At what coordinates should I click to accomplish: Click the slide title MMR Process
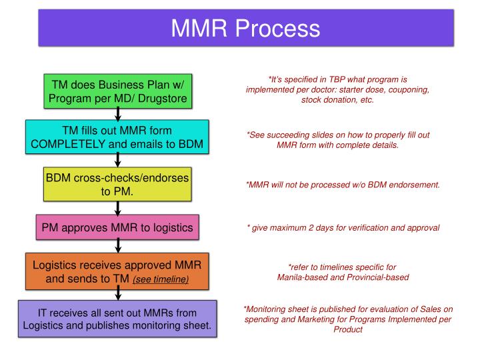click(245, 28)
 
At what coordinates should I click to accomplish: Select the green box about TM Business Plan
click(117, 92)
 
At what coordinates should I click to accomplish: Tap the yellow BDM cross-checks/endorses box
click(117, 184)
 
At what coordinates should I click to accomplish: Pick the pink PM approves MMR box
click(117, 228)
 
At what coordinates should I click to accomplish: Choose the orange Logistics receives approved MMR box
click(117, 271)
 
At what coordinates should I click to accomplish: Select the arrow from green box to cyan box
click(118, 115)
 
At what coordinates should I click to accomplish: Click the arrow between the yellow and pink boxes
click(118, 208)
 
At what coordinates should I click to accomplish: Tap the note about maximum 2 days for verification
click(343, 227)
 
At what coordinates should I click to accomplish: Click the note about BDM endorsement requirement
click(343, 185)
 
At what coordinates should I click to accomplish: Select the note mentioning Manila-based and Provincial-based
click(343, 271)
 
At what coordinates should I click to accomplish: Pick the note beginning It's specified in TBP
click(337, 89)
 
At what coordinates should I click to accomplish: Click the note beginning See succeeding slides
click(337, 139)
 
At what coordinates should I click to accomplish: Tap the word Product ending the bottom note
click(347, 329)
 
